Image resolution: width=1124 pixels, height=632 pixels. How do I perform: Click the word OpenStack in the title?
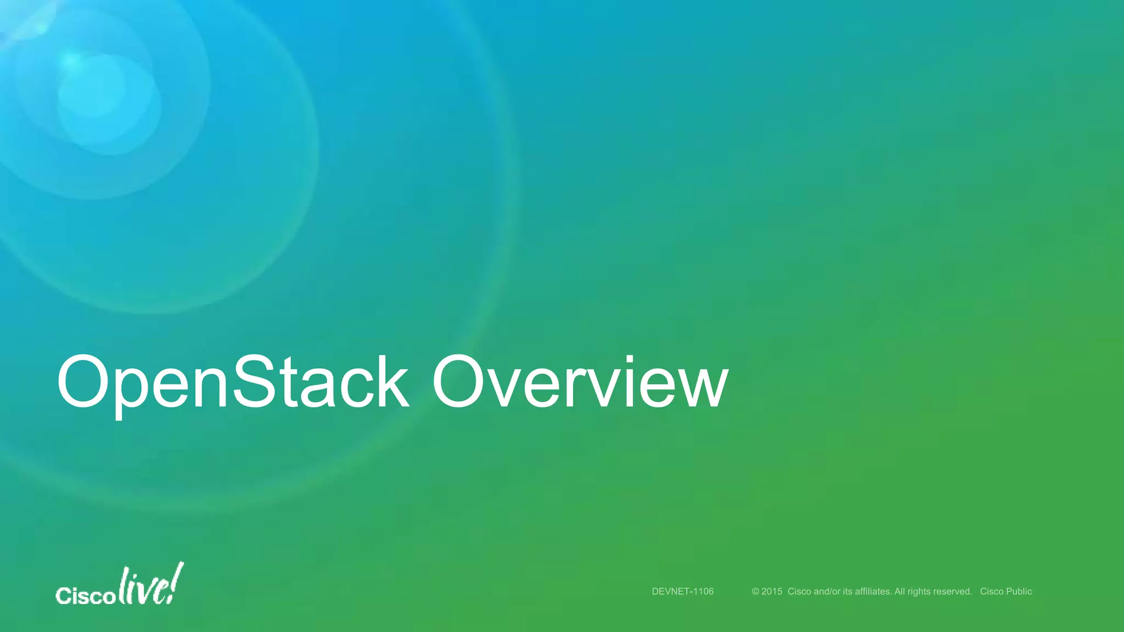[233, 382]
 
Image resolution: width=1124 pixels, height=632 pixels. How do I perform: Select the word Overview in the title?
[580, 382]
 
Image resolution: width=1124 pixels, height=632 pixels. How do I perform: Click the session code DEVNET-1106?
[683, 591]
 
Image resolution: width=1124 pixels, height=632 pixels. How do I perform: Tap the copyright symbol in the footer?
[755, 591]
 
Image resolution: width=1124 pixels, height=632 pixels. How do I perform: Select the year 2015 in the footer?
[772, 591]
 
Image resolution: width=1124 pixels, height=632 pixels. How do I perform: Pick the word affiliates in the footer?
[873, 591]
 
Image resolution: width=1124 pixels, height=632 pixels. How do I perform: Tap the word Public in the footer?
[1019, 591]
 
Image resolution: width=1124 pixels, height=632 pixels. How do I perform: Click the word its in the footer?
[848, 591]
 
